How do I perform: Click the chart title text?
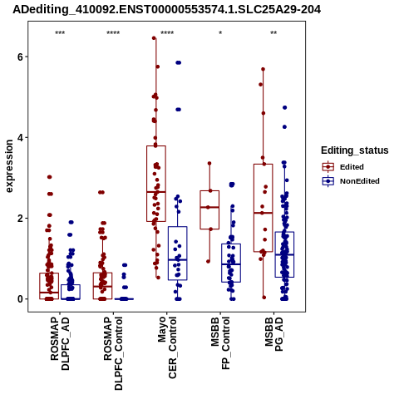[x=167, y=9]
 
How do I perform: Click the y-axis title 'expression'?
[x=9, y=166]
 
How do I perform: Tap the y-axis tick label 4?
[x=20, y=137]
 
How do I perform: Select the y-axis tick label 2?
[x=20, y=218]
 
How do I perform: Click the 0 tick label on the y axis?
[x=20, y=299]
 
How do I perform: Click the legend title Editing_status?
[x=355, y=150]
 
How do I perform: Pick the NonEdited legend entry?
[x=351, y=181]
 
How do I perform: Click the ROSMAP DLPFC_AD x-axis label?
[x=60, y=343]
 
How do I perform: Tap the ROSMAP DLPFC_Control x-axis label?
[x=113, y=353]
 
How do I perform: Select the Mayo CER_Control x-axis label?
[x=167, y=347]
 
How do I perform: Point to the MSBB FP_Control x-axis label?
[x=220, y=343]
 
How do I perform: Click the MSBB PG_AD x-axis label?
[x=274, y=334]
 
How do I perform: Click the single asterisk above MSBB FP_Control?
[x=220, y=33]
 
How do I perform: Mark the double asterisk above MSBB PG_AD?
[x=273, y=33]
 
